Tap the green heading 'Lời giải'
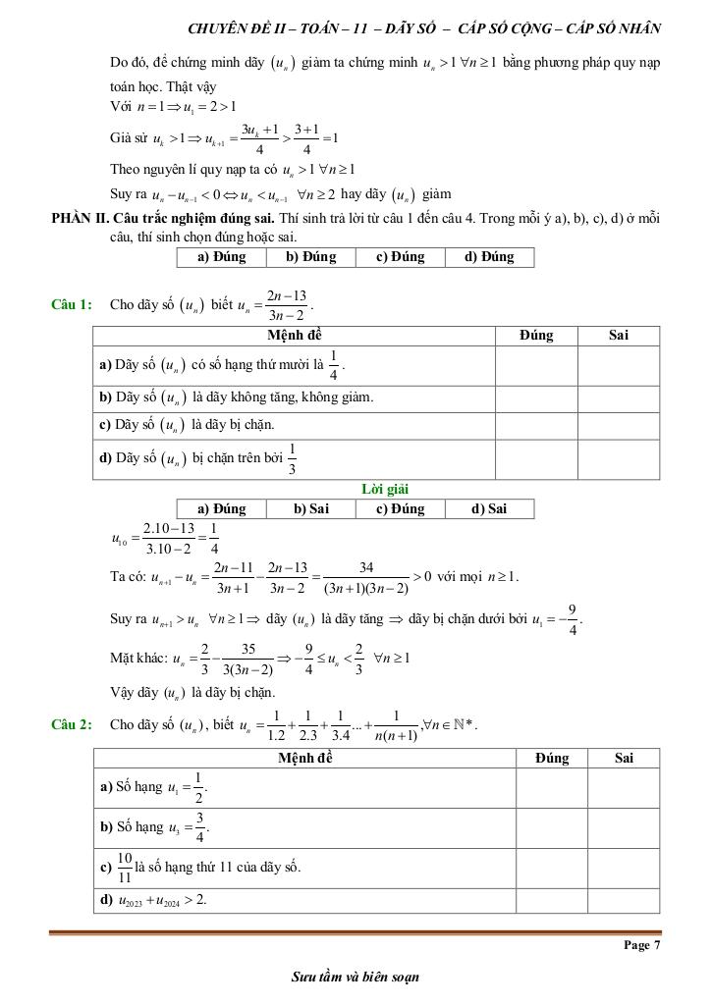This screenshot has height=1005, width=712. (x=385, y=489)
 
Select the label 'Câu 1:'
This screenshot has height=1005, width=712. (x=72, y=304)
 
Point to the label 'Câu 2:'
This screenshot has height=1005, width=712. (x=72, y=724)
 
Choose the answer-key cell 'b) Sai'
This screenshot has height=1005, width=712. (x=311, y=508)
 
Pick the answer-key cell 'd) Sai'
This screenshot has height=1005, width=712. (x=489, y=508)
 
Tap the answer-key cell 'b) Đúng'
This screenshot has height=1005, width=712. (x=310, y=257)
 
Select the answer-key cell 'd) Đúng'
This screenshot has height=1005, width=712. (x=489, y=257)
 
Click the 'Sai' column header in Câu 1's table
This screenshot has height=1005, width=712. (x=618, y=336)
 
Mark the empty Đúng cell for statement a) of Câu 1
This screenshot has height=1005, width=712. (x=535, y=366)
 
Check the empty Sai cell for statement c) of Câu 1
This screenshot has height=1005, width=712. (x=618, y=425)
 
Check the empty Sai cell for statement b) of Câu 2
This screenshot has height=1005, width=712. (x=624, y=827)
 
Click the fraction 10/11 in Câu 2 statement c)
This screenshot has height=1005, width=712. (x=125, y=868)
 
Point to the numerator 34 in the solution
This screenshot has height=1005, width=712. (x=366, y=567)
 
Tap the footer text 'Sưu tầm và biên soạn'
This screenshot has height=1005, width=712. (x=356, y=977)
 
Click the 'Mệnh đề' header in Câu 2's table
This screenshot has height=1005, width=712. (x=305, y=758)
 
